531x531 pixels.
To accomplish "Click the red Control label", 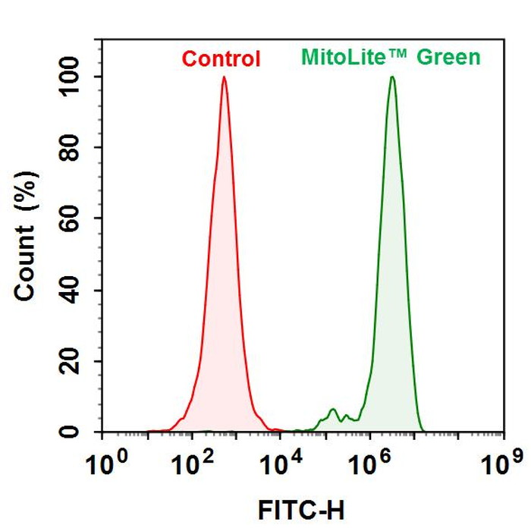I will pyautogui.click(x=222, y=58).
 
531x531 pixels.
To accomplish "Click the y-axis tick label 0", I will pyautogui.click(x=85, y=432).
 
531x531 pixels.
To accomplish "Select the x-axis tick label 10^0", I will pyautogui.click(x=106, y=460).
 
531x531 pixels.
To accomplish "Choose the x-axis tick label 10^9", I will pyautogui.click(x=504, y=460).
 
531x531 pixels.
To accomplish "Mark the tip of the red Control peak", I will pyautogui.click(x=224, y=77).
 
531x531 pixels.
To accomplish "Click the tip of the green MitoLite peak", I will pyautogui.click(x=392, y=77).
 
